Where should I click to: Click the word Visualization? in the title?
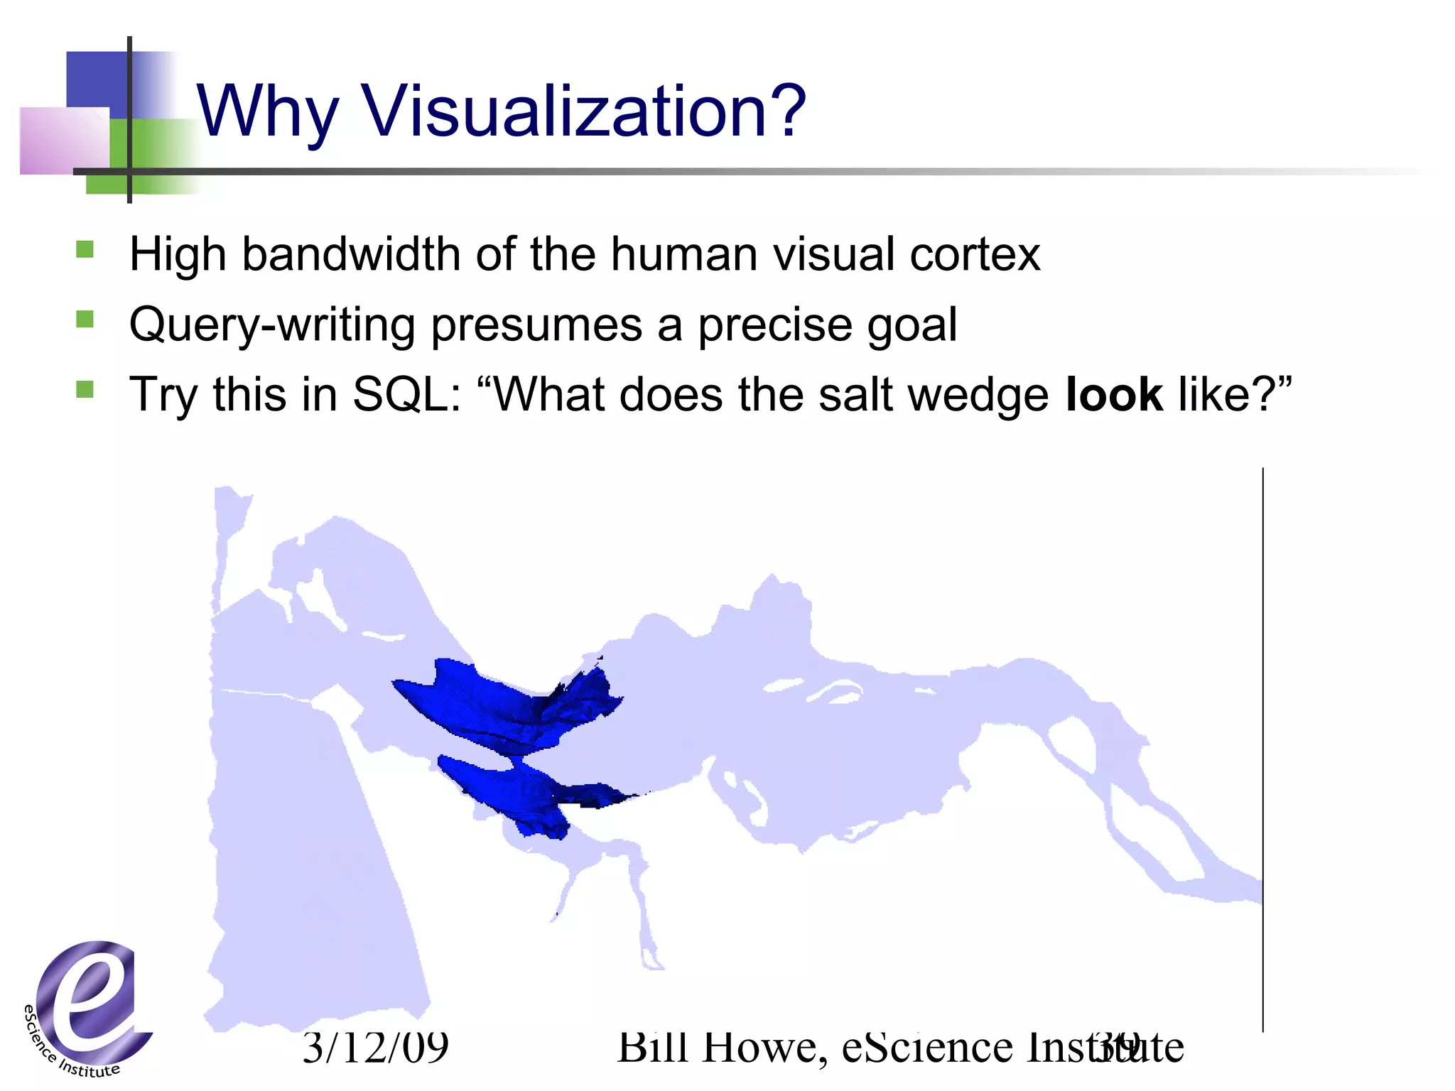(584, 112)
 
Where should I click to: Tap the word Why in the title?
(266, 112)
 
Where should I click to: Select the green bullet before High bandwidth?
(85, 249)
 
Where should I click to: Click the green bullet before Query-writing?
(85, 319)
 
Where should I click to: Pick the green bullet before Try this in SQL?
(85, 389)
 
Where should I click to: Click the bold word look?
(1114, 395)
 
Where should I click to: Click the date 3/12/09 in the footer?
(375, 1047)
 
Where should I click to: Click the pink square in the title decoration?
(64, 140)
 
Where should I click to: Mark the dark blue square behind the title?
(96, 82)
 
